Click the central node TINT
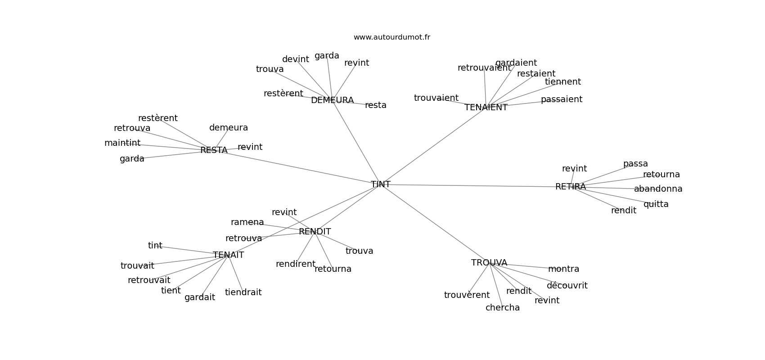pos(381,184)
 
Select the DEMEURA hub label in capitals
pos(332,100)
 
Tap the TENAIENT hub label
pos(486,108)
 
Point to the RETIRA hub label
pos(571,186)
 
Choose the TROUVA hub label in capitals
pos(489,262)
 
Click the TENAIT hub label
pos(229,255)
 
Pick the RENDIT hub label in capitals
pos(315,231)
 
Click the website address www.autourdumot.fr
pos(391,37)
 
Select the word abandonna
pos(658,189)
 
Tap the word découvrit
pos(567,285)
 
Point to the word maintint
pos(122,143)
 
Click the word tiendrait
pos(243,292)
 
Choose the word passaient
pos(562,99)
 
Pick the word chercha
pos(503,307)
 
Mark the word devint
pos(296,59)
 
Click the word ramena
pos(247,222)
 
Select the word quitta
pos(656,204)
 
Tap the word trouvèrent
pos(467,295)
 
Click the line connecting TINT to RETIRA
pos(472,185)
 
